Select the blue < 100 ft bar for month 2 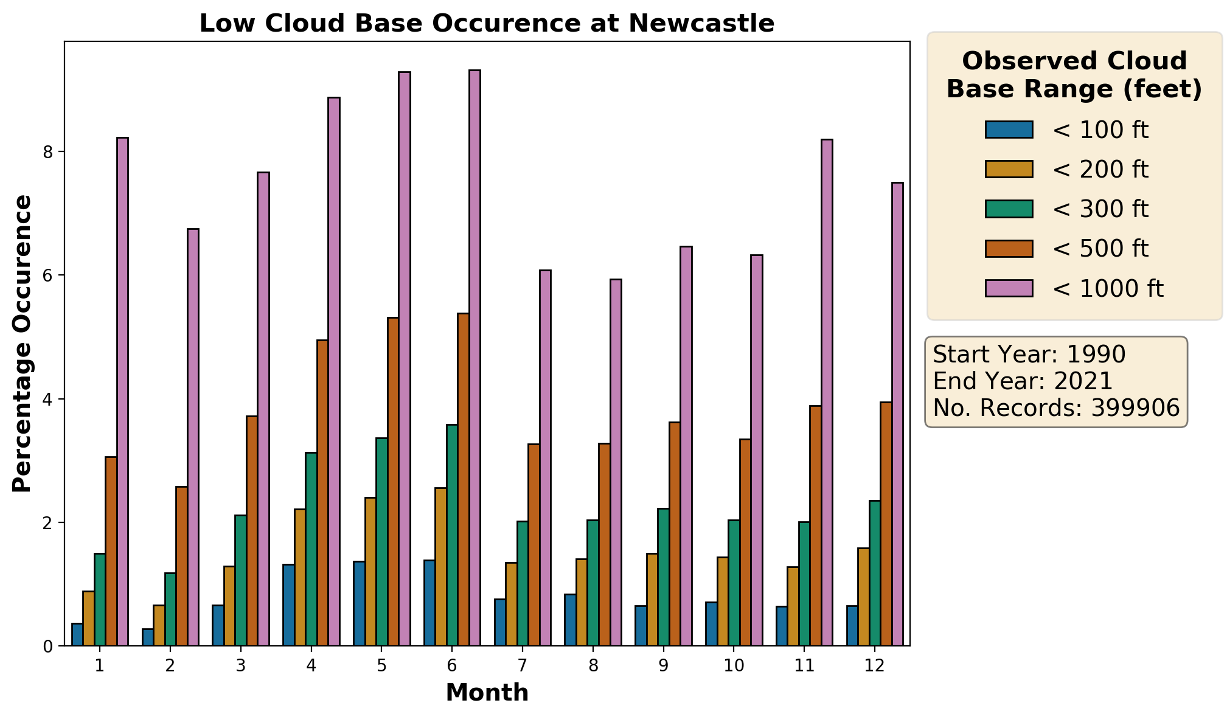point(147,637)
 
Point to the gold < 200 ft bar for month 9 point(652,600)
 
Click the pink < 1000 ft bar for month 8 point(616,462)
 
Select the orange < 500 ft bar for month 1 point(111,551)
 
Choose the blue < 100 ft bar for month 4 point(288,605)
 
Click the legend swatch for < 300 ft point(1009,209)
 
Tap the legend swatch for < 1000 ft point(1009,288)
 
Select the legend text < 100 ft point(1100,130)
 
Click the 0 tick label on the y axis point(47,646)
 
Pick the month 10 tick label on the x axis point(734,666)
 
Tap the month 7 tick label point(523,666)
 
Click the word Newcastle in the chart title point(701,24)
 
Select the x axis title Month point(487,693)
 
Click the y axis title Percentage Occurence point(23,344)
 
